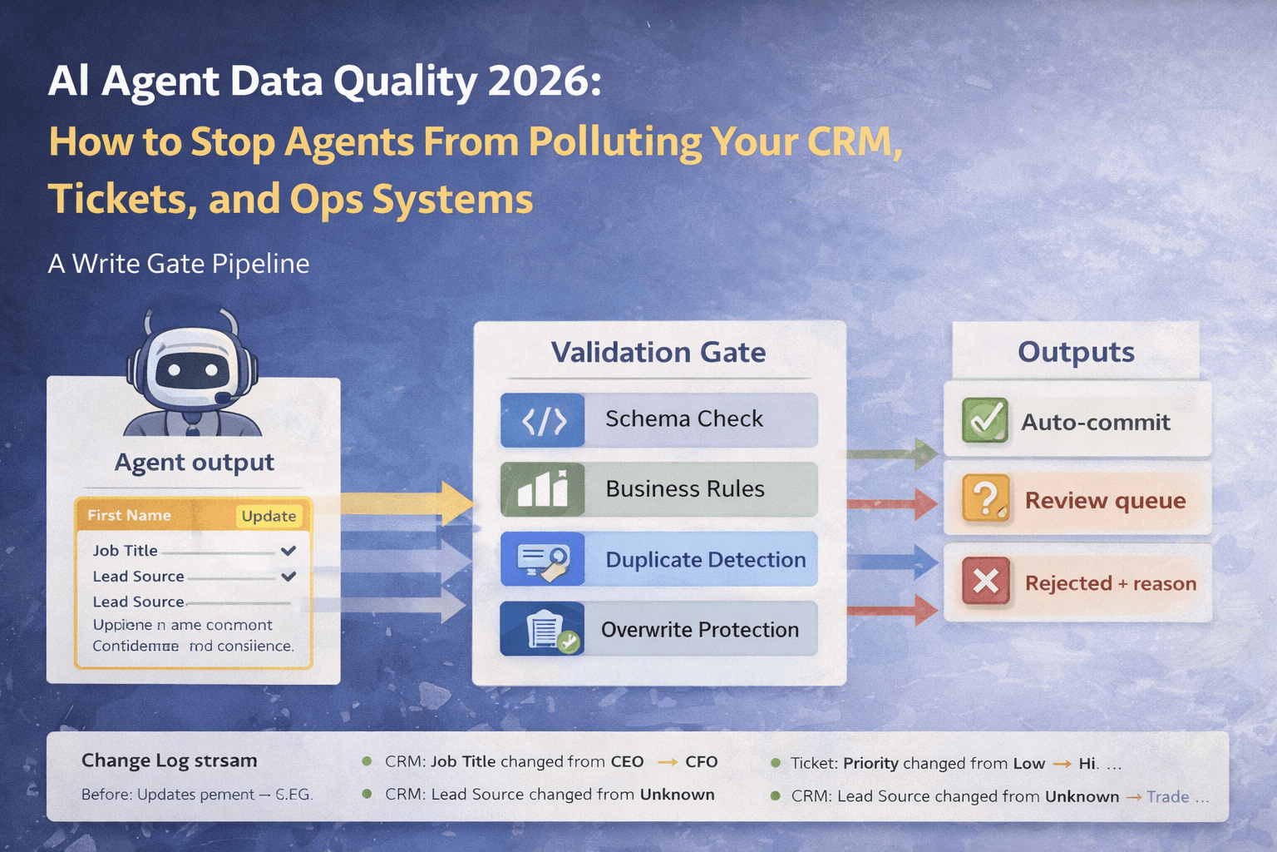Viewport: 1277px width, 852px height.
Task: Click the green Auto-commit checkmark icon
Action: [x=984, y=420]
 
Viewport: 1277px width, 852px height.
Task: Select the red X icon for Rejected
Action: [x=985, y=581]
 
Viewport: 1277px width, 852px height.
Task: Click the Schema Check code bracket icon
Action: [x=543, y=421]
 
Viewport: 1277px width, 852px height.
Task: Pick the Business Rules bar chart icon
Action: [x=543, y=490]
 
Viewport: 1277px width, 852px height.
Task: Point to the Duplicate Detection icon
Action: [x=543, y=559]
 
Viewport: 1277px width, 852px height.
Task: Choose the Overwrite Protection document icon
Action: [x=543, y=630]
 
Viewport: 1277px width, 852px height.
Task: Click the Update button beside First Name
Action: [x=269, y=516]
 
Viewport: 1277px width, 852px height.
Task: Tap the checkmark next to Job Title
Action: [x=288, y=551]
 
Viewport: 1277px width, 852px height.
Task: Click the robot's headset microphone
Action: [x=223, y=399]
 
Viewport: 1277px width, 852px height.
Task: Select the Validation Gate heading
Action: [x=658, y=352]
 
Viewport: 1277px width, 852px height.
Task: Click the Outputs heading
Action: [x=1076, y=352]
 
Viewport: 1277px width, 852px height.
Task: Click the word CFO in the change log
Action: [x=701, y=762]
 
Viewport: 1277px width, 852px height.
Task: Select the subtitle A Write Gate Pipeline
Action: [x=179, y=264]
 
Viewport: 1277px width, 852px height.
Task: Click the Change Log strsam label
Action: [x=169, y=760]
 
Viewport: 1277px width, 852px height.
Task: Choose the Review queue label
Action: [x=1105, y=500]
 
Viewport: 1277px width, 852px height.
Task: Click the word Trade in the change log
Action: [x=1167, y=796]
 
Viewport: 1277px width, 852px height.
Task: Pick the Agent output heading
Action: [x=194, y=462]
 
